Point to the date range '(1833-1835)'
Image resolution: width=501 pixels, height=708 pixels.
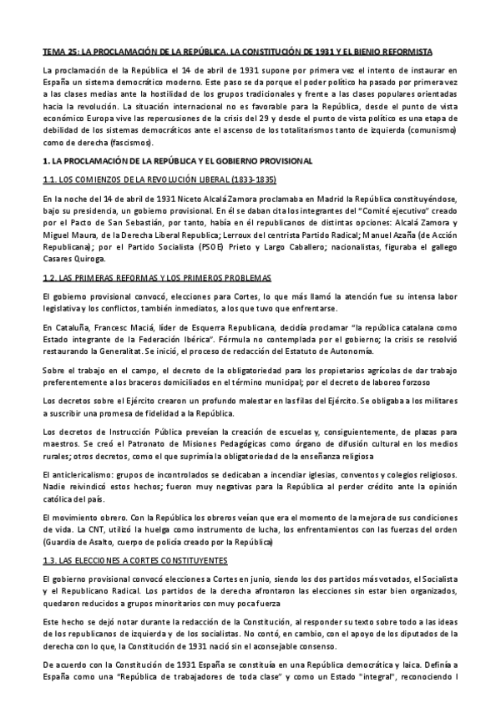tap(250, 180)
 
